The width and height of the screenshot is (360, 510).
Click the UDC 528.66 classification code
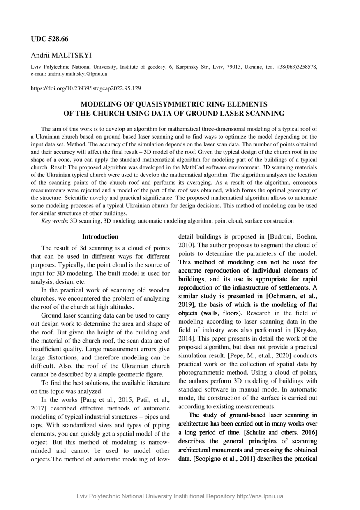[50, 39]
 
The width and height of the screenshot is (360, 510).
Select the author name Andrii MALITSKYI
[61, 55]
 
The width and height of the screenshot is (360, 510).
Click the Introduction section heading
[100, 236]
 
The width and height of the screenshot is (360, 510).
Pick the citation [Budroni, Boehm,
[292, 237]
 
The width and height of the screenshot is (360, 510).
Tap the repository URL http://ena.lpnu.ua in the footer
[260, 496]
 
